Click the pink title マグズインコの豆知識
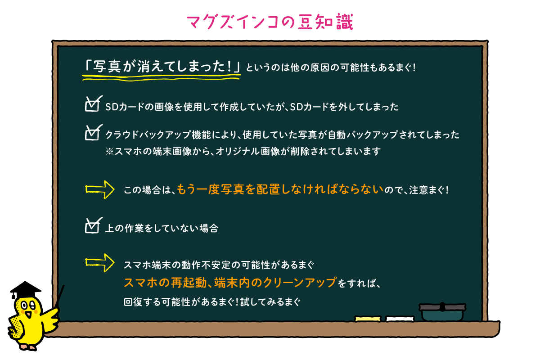[270, 22]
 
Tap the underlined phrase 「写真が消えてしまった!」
[161, 66]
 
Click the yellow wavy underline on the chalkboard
[161, 77]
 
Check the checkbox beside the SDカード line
[93, 104]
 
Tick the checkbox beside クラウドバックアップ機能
[93, 133]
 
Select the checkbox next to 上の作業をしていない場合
[93, 226]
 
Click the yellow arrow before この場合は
[100, 190]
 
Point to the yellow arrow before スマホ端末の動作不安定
[100, 263]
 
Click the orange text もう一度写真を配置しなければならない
[280, 189]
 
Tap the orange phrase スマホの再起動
[165, 282]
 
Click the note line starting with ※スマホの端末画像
[243, 152]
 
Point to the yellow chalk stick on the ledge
[368, 319]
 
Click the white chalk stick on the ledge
[400, 319]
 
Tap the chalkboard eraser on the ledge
[442, 312]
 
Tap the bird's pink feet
[28, 347]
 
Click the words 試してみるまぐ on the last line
[270, 302]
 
